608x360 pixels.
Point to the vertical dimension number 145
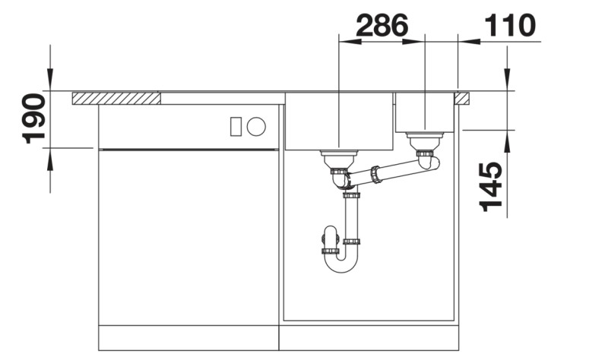tap(492, 185)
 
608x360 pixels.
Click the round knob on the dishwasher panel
tap(258, 126)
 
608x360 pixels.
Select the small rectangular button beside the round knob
tap(236, 126)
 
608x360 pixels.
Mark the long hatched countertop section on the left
tap(116, 98)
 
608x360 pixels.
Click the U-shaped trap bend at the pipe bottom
tap(340, 262)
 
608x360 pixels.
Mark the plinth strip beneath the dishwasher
tap(188, 339)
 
